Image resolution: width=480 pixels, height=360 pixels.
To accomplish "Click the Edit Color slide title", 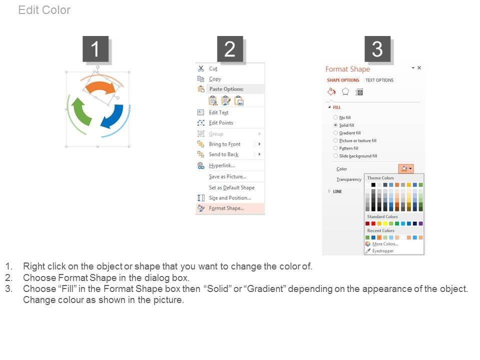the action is [44, 10].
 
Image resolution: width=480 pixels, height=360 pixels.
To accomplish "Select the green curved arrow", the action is [81, 111].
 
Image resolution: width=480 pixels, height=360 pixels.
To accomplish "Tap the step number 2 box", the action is [230, 49].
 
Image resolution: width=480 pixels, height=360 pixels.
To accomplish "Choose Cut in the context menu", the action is [213, 69].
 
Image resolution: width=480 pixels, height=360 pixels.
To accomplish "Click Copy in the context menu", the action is [215, 79].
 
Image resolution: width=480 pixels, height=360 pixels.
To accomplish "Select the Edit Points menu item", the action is [221, 123].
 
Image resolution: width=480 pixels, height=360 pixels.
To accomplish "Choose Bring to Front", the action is [224, 144].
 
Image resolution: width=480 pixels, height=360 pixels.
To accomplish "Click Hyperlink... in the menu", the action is [222, 165].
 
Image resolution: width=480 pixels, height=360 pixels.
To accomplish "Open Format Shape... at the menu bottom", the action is [226, 208].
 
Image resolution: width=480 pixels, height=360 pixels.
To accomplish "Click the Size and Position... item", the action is [230, 198].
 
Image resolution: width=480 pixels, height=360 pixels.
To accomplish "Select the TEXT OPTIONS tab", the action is [379, 80].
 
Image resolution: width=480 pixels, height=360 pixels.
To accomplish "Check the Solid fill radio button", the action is [335, 125].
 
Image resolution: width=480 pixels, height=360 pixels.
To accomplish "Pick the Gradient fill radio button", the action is [335, 133].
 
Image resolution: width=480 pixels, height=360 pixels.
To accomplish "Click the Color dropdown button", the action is [406, 168].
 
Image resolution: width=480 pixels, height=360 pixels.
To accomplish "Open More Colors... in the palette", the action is [385, 244].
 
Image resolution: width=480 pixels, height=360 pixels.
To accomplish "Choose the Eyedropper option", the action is [383, 250].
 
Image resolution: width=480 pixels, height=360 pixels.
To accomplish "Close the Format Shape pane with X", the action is [419, 67].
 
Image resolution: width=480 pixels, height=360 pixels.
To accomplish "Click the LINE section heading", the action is [337, 191].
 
